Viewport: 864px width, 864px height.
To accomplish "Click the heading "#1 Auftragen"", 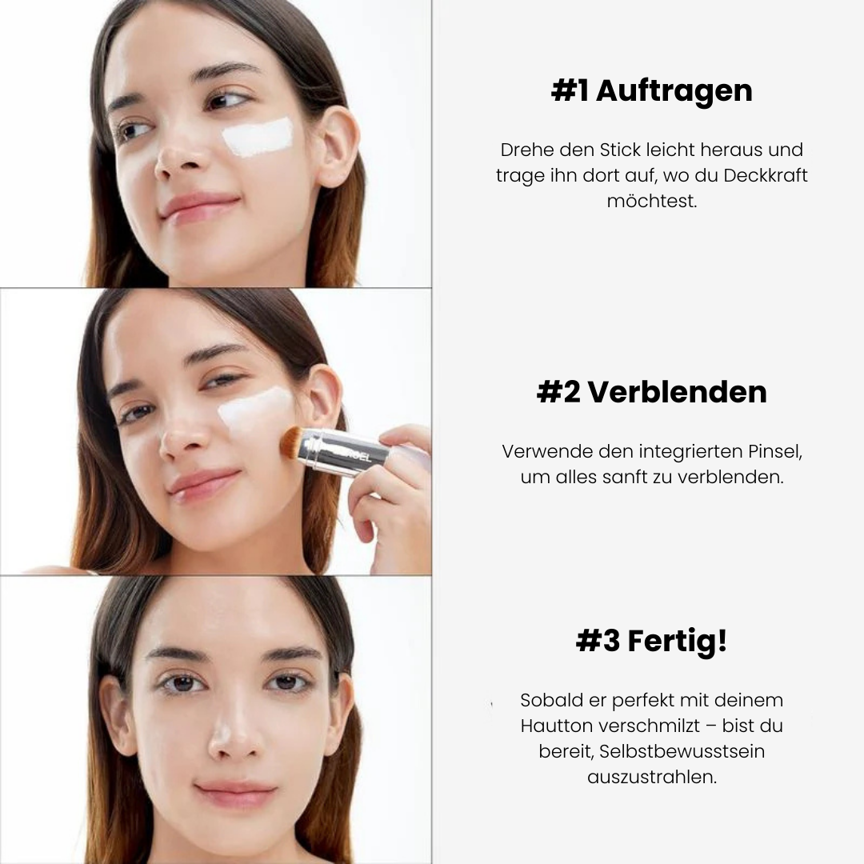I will tap(651, 91).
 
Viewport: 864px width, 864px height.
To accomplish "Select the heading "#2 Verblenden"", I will tap(651, 392).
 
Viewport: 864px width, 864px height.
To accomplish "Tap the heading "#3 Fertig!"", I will tap(651, 641).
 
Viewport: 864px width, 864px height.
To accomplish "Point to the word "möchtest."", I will tap(651, 201).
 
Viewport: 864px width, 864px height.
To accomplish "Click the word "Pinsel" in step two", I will tap(774, 451).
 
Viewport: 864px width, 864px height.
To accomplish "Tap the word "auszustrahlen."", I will tap(651, 777).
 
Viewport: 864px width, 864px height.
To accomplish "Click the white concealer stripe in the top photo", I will tap(257, 137).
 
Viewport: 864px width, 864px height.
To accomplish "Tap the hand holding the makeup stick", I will tap(392, 496).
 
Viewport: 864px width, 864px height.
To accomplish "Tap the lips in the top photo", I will tap(199, 205).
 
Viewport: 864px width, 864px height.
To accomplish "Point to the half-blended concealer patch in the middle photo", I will tap(254, 408).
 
